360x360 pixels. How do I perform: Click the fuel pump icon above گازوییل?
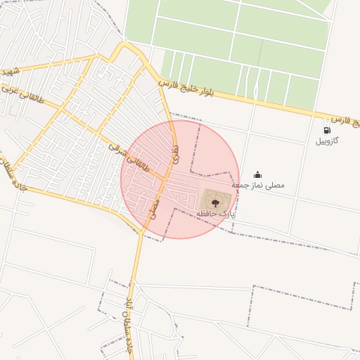327,130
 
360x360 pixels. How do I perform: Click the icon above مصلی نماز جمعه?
257,174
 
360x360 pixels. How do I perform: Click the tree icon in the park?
215,202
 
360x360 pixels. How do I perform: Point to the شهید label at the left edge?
10,72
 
